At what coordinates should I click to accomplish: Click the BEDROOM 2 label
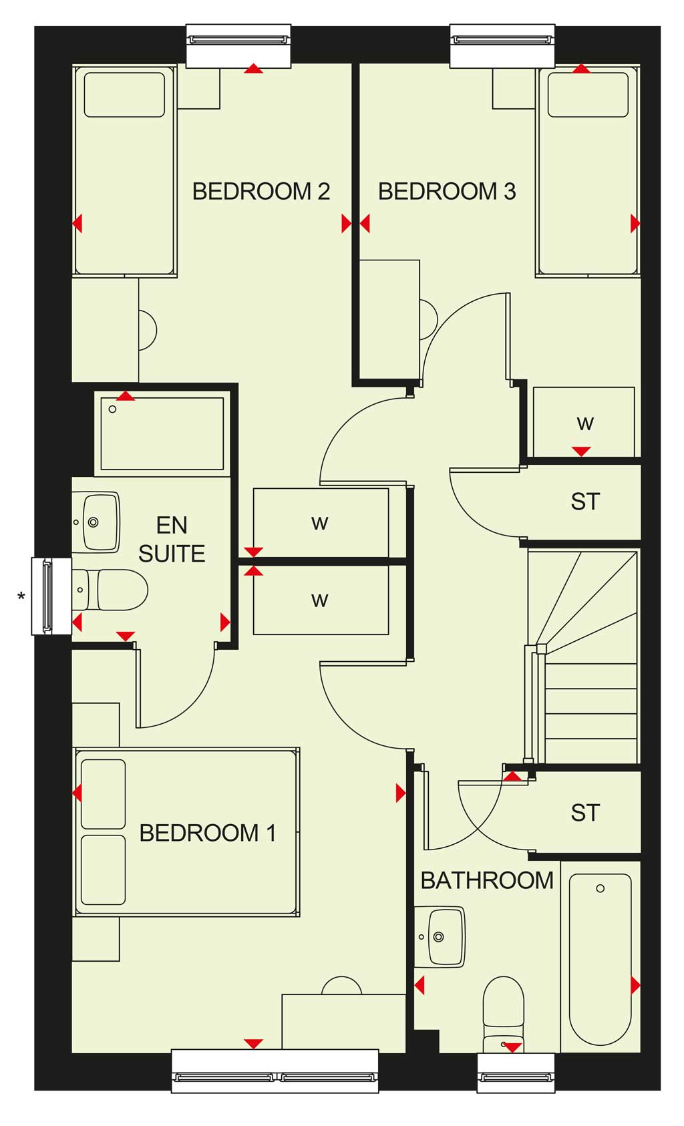coord(261,192)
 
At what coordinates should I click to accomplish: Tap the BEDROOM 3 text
coord(447,192)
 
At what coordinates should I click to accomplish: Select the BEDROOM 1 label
coord(208,833)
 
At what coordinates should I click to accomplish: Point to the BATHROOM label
coord(487,881)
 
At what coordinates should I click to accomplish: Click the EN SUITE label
coord(172,540)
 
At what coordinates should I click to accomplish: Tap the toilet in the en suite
coord(110,590)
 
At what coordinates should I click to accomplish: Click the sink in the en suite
coord(96,522)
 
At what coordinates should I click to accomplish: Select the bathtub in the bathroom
coord(600,960)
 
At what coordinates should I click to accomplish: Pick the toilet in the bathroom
coord(504,1014)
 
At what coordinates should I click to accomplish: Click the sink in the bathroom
coord(440,936)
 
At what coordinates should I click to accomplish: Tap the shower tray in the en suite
coord(162,434)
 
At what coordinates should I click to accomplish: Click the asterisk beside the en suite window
coord(21,596)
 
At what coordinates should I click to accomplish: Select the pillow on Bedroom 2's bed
coord(124,95)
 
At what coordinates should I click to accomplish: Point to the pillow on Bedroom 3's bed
coord(588,95)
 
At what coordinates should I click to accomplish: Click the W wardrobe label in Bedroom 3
coord(585,423)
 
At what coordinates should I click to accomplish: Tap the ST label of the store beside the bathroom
coord(585,813)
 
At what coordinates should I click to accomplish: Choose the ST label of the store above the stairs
coord(585,501)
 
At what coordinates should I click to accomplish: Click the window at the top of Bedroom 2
coord(238,45)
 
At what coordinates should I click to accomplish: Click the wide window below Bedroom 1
coord(275,1072)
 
